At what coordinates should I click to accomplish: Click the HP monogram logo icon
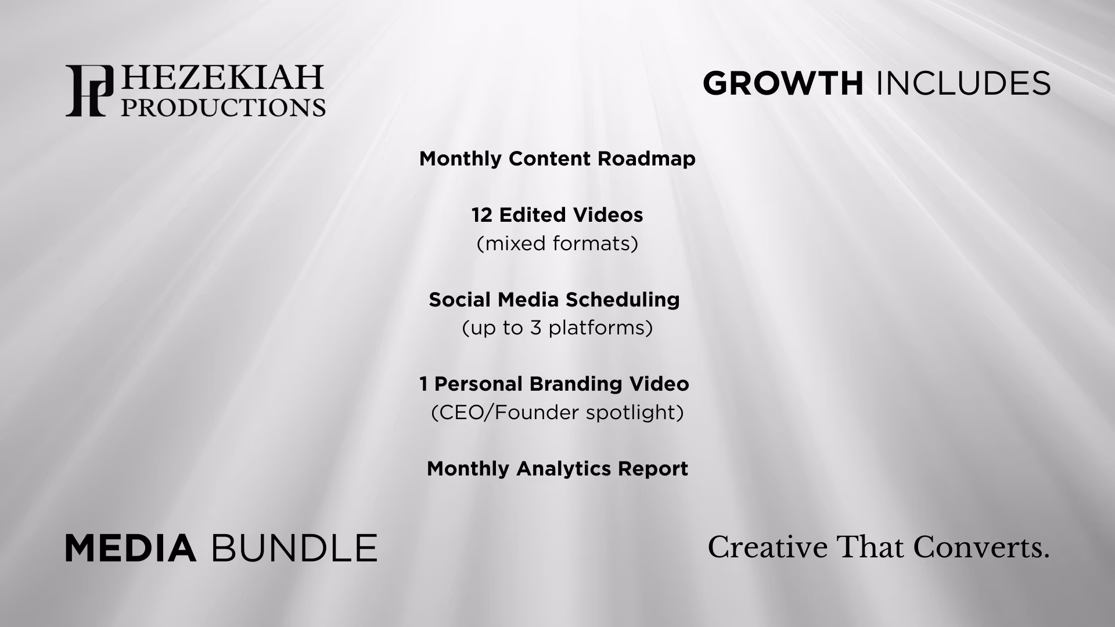[x=89, y=91]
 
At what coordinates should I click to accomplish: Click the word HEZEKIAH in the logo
[x=221, y=78]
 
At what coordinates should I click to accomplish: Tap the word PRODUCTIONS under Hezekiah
[x=223, y=107]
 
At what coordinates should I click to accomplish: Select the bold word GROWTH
[x=783, y=84]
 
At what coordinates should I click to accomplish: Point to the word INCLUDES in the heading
[x=963, y=84]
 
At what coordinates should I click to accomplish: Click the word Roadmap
[x=646, y=159]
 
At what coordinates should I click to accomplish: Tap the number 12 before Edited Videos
[x=482, y=215]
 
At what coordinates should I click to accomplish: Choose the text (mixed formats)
[x=557, y=244]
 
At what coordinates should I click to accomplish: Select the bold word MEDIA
[x=130, y=549]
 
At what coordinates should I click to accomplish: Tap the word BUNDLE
[x=294, y=549]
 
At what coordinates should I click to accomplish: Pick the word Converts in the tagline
[x=981, y=548]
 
